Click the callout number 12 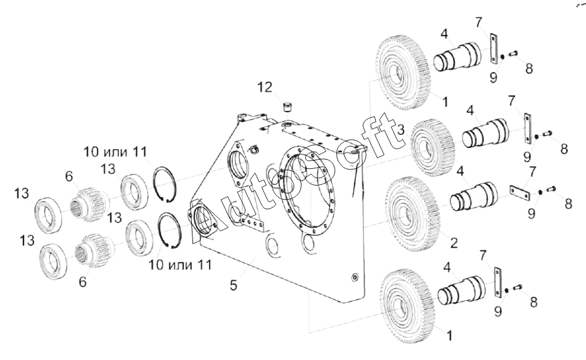(x=265, y=88)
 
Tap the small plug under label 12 (x=287, y=107)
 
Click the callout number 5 (x=233, y=285)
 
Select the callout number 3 (x=400, y=130)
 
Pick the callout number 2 (x=454, y=243)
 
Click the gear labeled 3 (x=432, y=148)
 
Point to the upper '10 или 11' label (x=115, y=152)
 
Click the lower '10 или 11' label (x=181, y=265)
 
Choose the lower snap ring (x=170, y=231)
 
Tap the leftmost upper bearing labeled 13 (x=49, y=215)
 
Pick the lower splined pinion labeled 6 (x=93, y=251)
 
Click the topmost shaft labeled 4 (x=456, y=57)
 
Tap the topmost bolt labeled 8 (x=513, y=54)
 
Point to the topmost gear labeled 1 (x=403, y=73)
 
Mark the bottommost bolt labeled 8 (x=518, y=287)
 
